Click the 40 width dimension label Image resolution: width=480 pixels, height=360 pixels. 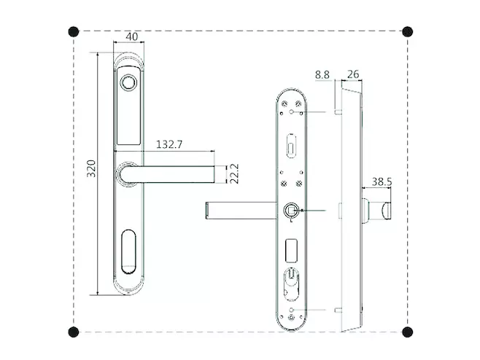(132, 36)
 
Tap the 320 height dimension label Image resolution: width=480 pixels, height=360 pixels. (91, 168)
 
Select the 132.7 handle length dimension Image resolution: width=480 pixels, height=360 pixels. (169, 144)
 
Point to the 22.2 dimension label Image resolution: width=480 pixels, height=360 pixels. (234, 173)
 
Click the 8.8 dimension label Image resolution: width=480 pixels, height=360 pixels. (322, 74)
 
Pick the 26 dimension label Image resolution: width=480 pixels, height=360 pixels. (353, 74)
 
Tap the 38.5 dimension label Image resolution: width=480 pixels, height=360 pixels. (382, 182)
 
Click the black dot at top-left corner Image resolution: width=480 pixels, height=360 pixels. (74, 31)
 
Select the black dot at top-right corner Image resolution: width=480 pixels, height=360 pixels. (408, 31)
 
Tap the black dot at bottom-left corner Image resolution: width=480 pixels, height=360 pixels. (74, 332)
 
